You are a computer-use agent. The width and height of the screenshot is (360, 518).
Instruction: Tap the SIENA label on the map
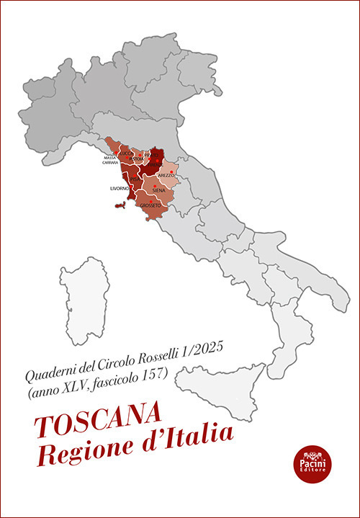tap(159, 191)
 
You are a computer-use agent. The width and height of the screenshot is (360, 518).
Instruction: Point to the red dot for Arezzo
tap(171, 171)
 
